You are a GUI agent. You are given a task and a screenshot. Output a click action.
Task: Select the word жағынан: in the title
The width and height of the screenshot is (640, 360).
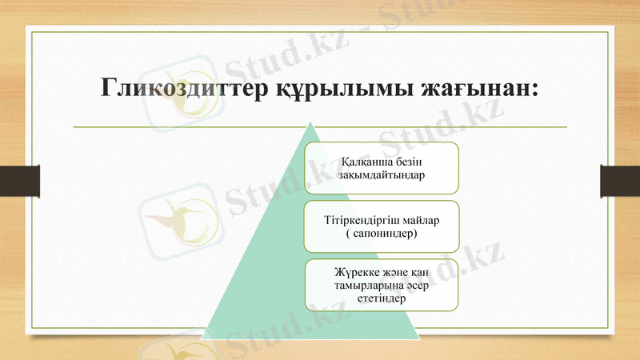(479, 87)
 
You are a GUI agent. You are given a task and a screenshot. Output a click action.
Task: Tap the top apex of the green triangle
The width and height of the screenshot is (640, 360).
(311, 125)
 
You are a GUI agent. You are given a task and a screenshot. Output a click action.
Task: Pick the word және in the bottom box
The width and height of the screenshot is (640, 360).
(391, 273)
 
